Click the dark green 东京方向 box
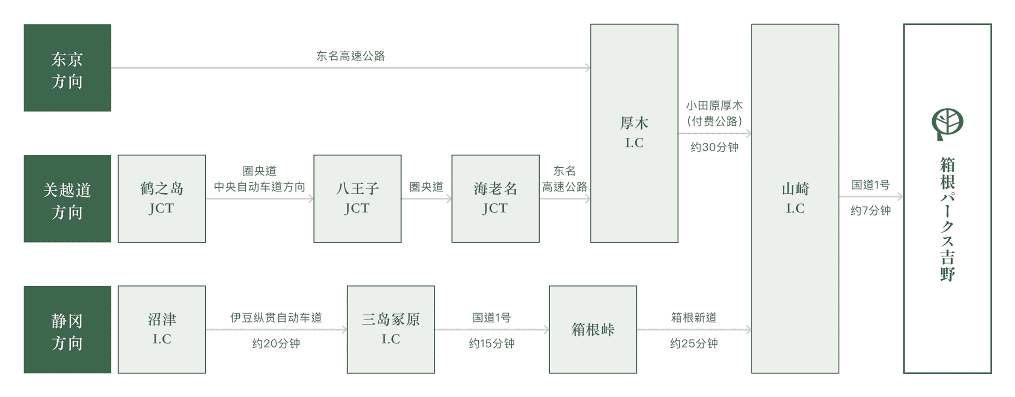pyautogui.click(x=67, y=68)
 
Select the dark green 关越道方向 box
pyautogui.click(x=67, y=198)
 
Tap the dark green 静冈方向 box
pyautogui.click(x=67, y=330)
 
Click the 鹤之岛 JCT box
pyautogui.click(x=162, y=198)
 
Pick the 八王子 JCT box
pyautogui.click(x=357, y=198)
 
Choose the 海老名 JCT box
pyautogui.click(x=495, y=198)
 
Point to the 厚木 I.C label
pyautogui.click(x=634, y=132)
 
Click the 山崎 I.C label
pyautogui.click(x=795, y=198)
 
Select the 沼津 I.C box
pyautogui.click(x=162, y=330)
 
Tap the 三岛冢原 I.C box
pyautogui.click(x=390, y=330)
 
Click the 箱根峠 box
pyautogui.click(x=593, y=330)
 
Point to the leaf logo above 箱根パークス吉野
pyautogui.click(x=947, y=124)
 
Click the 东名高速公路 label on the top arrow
pyautogui.click(x=351, y=56)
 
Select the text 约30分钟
pyautogui.click(x=714, y=147)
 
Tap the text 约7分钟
pyautogui.click(x=871, y=211)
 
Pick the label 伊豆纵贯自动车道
pyautogui.click(x=276, y=318)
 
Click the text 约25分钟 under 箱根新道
pyautogui.click(x=694, y=343)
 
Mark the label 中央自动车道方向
pyautogui.click(x=259, y=187)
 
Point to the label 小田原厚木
pyautogui.click(x=714, y=105)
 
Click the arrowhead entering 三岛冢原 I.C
pyautogui.click(x=345, y=330)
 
